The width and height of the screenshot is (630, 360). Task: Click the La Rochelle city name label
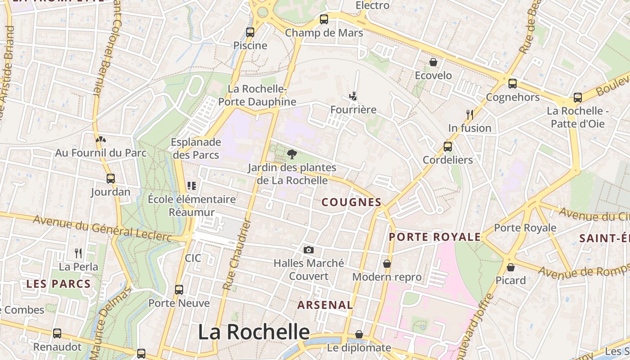coord(254,332)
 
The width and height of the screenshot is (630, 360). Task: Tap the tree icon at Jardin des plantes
coord(292,154)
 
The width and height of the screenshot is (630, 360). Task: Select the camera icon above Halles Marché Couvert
coord(309,250)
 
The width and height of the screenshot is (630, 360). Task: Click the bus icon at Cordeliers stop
coord(447,146)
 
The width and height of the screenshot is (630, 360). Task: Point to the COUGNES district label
coord(351,202)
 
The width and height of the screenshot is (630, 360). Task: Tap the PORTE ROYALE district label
coord(435,237)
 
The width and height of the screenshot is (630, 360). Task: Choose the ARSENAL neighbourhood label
coord(325,305)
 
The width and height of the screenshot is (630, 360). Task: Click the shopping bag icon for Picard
coord(511,267)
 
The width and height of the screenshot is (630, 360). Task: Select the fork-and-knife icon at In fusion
coord(470,114)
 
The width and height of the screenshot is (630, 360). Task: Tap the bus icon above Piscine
coord(250,32)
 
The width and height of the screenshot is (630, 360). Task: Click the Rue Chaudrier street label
coord(236,254)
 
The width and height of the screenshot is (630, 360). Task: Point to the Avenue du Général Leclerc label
coord(103,228)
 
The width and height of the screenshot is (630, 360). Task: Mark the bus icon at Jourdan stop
coord(111,178)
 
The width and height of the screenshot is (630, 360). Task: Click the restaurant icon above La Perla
coord(78,253)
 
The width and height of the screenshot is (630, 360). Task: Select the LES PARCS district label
coord(58,284)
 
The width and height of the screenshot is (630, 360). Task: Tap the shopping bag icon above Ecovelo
coord(433,62)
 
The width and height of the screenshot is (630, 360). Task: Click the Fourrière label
coord(353,110)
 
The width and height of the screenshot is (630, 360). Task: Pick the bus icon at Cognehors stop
coord(512,83)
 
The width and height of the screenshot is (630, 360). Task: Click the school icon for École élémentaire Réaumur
coord(192,185)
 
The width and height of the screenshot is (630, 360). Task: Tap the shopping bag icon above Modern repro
coord(387,263)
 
